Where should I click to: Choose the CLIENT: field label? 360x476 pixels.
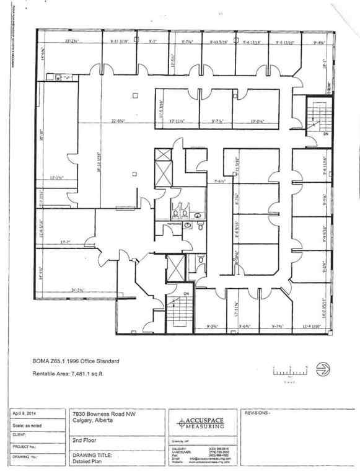tap(20, 434)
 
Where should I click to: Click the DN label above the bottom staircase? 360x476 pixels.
tap(185, 293)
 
